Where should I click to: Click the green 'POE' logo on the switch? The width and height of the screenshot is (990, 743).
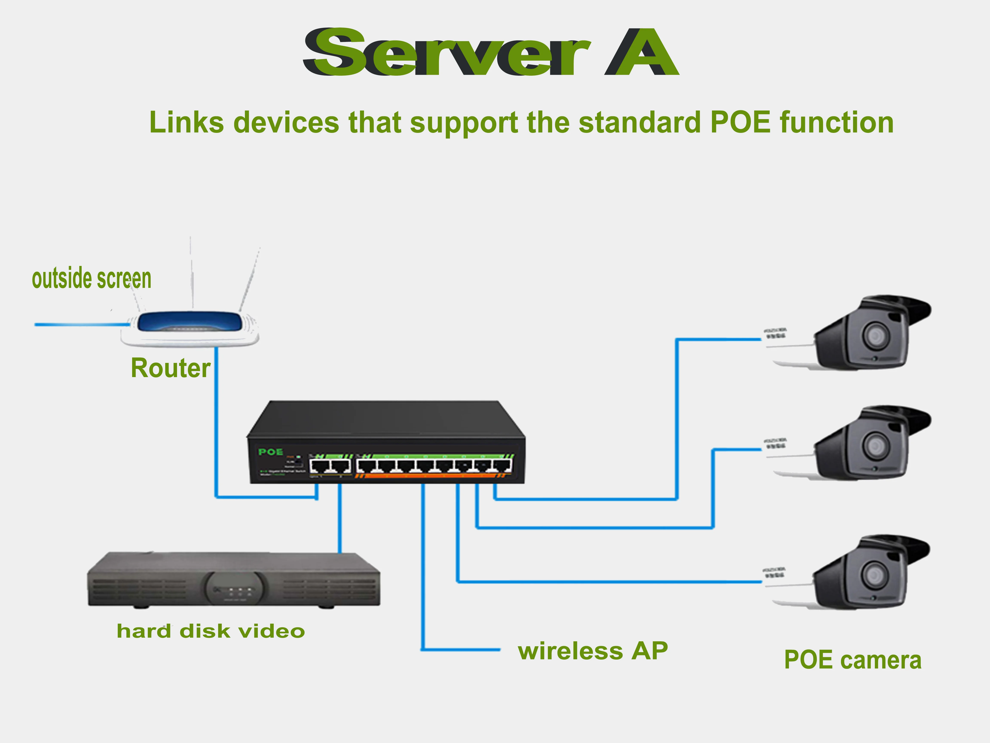[x=270, y=452]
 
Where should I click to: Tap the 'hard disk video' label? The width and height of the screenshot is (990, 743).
[x=211, y=631]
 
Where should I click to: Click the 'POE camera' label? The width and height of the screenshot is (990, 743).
[x=852, y=660]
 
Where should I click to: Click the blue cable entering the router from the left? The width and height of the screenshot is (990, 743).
[x=81, y=324]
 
